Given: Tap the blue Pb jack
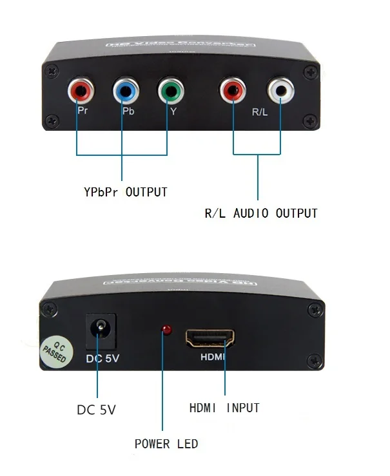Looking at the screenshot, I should point(124,93).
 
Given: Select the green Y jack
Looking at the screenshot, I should point(169,93).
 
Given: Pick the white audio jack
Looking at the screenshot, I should point(280,91).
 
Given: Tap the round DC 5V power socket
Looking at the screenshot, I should point(100,330).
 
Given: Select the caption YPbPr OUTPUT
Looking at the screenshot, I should point(126,192).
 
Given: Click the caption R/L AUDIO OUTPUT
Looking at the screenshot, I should point(261,213).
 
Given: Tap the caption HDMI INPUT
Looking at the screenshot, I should point(224,408).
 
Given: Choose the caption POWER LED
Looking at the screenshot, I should point(166,444).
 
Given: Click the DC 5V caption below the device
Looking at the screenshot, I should point(97,409).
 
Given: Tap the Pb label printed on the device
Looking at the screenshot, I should point(128,111).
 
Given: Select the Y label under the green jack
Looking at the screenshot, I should point(173,111).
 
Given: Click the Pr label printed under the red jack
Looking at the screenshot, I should point(83,110).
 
